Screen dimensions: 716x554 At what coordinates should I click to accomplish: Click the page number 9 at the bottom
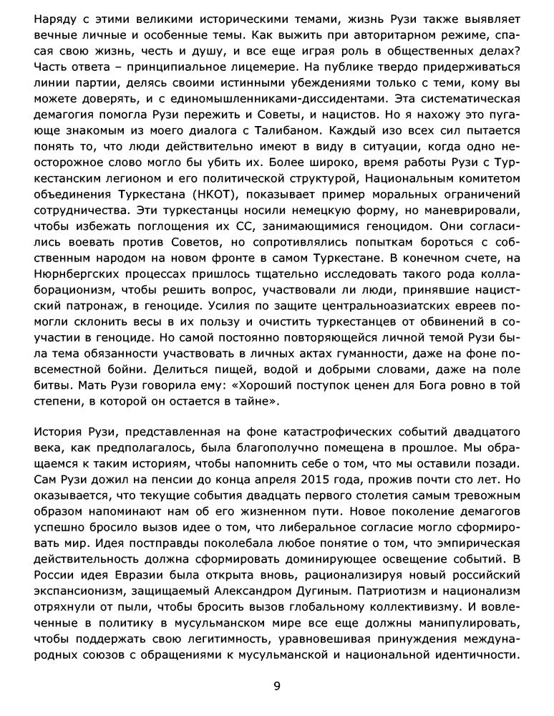[x=277, y=687]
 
